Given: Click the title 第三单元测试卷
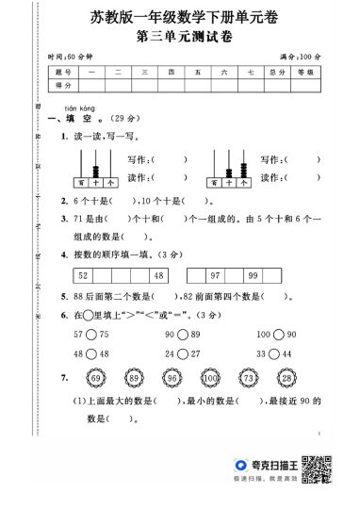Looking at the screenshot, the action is pyautogui.click(x=179, y=37).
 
